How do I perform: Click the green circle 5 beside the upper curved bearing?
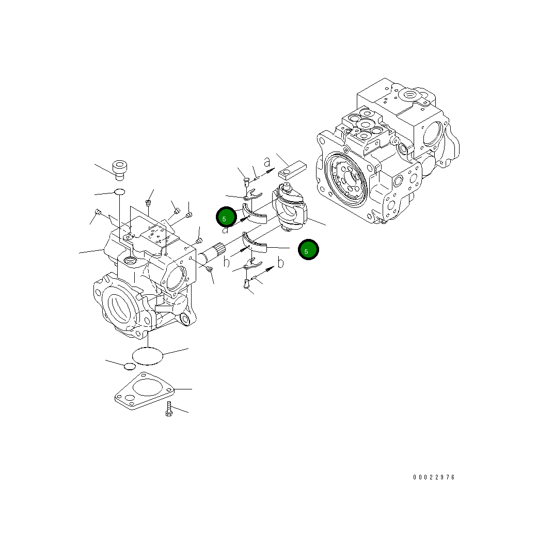click(226, 217)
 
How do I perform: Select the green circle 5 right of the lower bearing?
click(308, 250)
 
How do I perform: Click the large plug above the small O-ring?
click(120, 169)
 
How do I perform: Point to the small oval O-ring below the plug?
click(119, 192)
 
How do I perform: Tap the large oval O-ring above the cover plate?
click(148, 356)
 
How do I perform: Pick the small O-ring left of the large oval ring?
click(130, 366)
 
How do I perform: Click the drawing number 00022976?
click(434, 477)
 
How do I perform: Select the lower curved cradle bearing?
click(254, 243)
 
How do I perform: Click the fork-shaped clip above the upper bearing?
click(251, 195)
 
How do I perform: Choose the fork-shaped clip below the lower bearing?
click(251, 266)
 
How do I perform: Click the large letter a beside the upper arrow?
click(267, 162)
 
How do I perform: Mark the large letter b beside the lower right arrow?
click(280, 263)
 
